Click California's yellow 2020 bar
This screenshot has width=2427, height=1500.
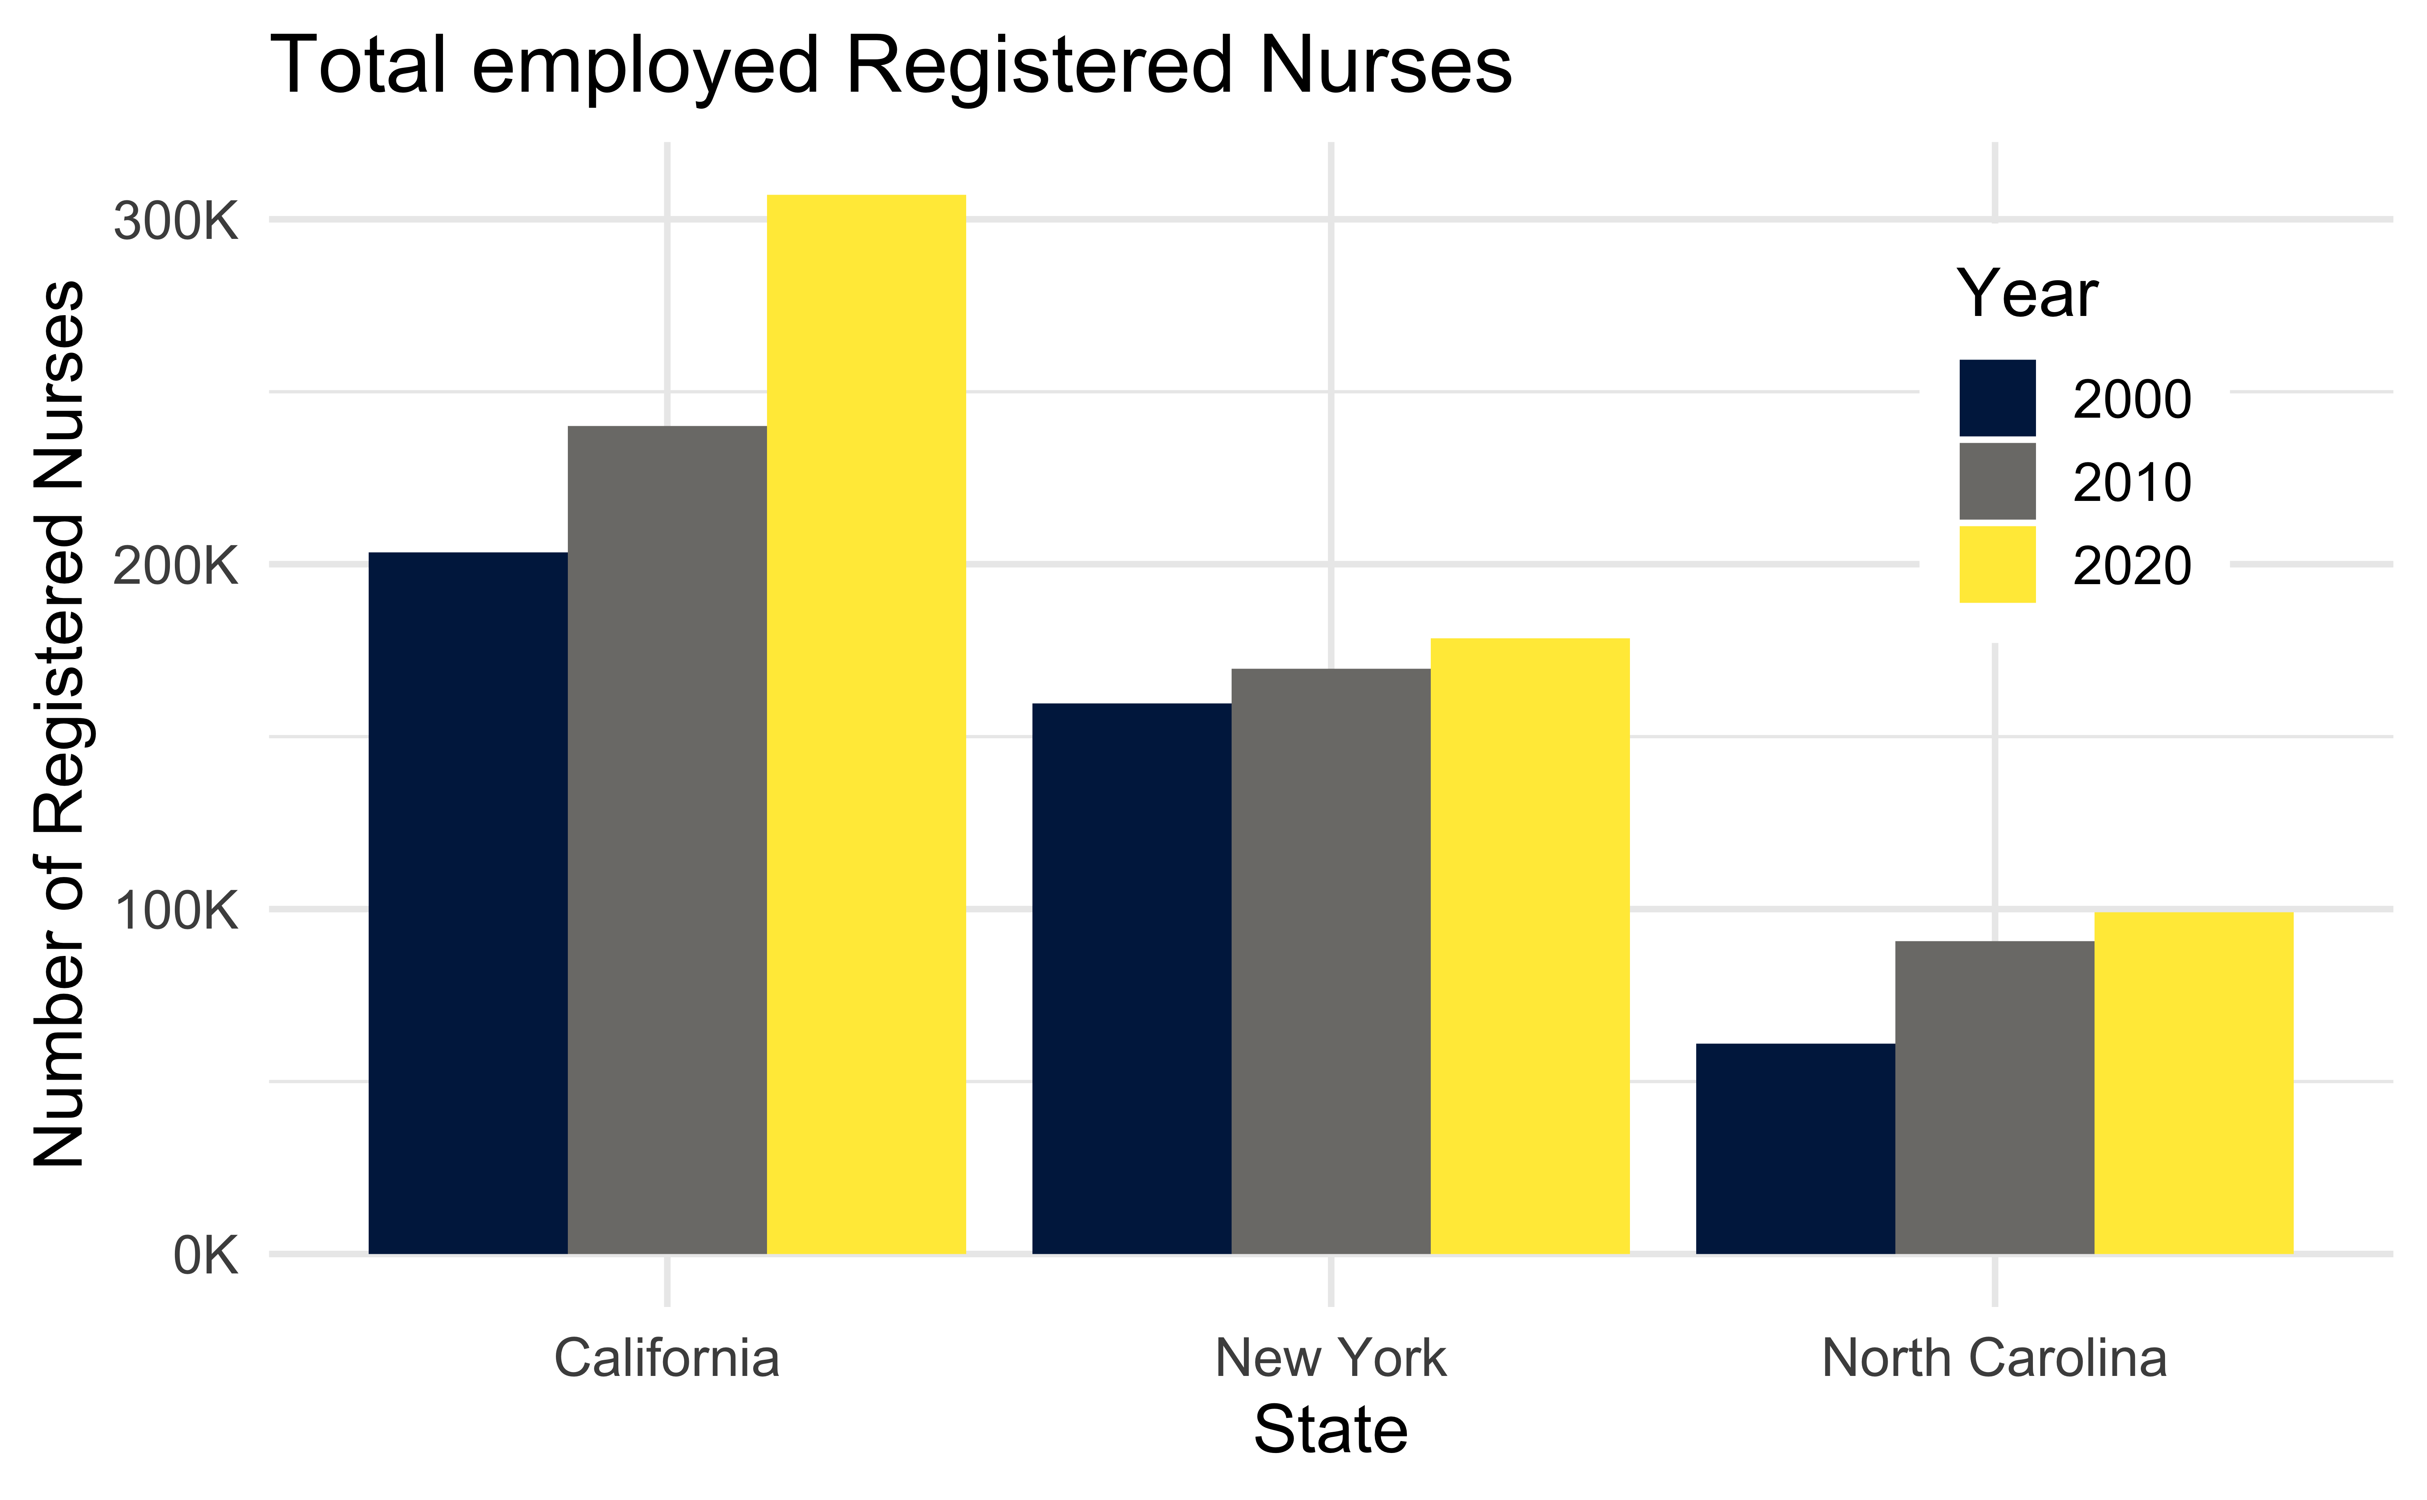[x=866, y=724]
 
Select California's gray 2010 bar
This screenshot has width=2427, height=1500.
[x=666, y=839]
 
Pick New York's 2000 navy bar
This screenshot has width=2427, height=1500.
[x=1132, y=978]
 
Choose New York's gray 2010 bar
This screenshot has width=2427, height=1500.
[x=1331, y=960]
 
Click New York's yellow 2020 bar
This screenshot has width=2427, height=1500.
[x=1529, y=946]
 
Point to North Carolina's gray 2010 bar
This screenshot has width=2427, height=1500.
[x=1994, y=1097]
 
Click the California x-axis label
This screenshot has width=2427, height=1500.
[x=666, y=1358]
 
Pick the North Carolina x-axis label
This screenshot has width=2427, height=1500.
[x=1994, y=1358]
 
